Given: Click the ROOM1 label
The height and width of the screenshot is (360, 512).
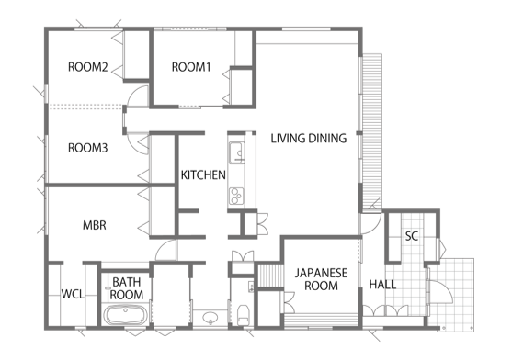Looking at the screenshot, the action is (x=191, y=67).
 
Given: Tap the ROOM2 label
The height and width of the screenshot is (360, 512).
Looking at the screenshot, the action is (x=88, y=67).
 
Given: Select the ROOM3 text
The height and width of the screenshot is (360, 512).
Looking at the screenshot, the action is (x=88, y=148).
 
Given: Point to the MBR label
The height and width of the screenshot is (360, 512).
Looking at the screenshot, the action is (x=95, y=225).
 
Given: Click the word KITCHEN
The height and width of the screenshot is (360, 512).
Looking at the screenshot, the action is (x=203, y=175).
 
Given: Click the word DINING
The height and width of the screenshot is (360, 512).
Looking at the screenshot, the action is (x=327, y=139).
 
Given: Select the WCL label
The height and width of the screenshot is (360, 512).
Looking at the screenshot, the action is (x=73, y=294).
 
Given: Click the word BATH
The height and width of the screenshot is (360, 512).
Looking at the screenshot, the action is (x=126, y=282).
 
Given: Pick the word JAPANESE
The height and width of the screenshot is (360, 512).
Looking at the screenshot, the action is (x=322, y=273).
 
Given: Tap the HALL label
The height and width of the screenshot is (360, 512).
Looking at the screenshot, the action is (x=382, y=285).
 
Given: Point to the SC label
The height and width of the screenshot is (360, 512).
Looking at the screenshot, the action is (x=412, y=236).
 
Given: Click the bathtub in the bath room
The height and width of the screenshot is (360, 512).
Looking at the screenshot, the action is (x=126, y=315).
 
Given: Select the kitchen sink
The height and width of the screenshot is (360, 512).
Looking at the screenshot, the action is (x=236, y=152).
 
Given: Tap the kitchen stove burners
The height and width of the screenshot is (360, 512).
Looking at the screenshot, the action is (x=236, y=196).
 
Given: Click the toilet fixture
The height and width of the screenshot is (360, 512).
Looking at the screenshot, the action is (x=243, y=315).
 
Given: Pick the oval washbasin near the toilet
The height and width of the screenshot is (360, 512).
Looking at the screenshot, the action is (x=210, y=317).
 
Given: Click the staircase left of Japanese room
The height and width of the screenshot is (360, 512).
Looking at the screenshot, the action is (x=270, y=276).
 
